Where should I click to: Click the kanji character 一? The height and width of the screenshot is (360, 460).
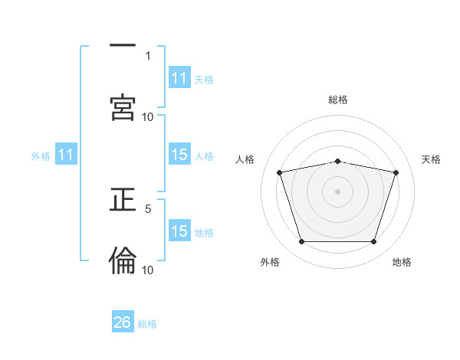point(123,47)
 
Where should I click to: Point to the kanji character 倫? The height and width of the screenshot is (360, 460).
point(123,260)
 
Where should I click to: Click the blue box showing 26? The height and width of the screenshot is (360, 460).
point(123,322)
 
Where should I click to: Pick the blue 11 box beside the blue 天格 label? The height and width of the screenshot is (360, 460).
point(179,78)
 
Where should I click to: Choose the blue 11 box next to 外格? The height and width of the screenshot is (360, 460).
point(66,155)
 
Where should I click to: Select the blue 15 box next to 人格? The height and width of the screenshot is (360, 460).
point(179,155)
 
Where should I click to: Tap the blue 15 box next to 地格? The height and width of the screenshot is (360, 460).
point(179,231)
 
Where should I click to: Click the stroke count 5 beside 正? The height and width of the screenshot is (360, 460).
point(148,208)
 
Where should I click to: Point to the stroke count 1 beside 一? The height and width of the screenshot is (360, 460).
point(148,55)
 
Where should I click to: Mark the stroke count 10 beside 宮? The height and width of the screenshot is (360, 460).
point(148,116)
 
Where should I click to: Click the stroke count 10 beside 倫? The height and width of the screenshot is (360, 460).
point(148,270)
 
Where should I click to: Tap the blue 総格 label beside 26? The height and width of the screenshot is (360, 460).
point(147,323)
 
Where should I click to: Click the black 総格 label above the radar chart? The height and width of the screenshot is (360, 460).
point(338,100)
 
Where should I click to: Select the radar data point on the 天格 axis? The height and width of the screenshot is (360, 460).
point(396,172)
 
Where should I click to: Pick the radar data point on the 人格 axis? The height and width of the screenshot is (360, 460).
point(280,172)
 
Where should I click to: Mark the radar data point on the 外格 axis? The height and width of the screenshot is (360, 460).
point(302,242)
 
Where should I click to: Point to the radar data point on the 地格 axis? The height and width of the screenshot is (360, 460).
point(373,242)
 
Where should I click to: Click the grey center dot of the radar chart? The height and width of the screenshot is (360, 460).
point(338,191)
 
